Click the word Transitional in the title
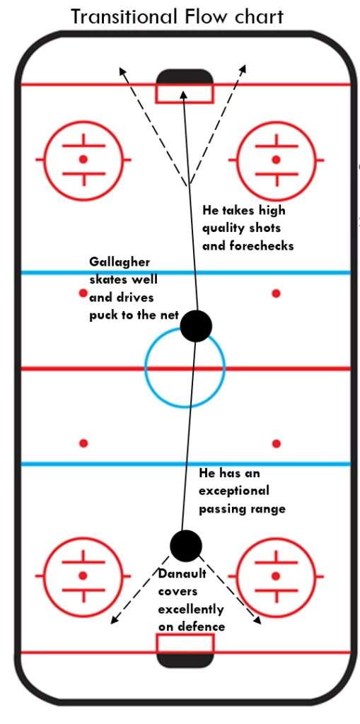tap(123, 17)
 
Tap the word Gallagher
tap(120, 262)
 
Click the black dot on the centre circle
tap(196, 326)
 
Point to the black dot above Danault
tap(186, 546)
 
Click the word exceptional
tap(234, 491)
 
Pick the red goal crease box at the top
tap(185, 93)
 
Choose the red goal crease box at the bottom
tap(185, 643)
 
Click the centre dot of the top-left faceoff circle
tap(83, 159)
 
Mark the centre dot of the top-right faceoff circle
tap(276, 159)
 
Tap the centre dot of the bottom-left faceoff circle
tap(83, 576)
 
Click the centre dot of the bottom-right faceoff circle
tap(276, 576)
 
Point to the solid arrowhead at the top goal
tap(183, 95)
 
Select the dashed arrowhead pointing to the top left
tap(122, 71)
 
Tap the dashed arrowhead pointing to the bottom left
tap(114, 620)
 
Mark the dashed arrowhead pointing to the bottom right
tap(257, 620)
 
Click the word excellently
tap(190, 609)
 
